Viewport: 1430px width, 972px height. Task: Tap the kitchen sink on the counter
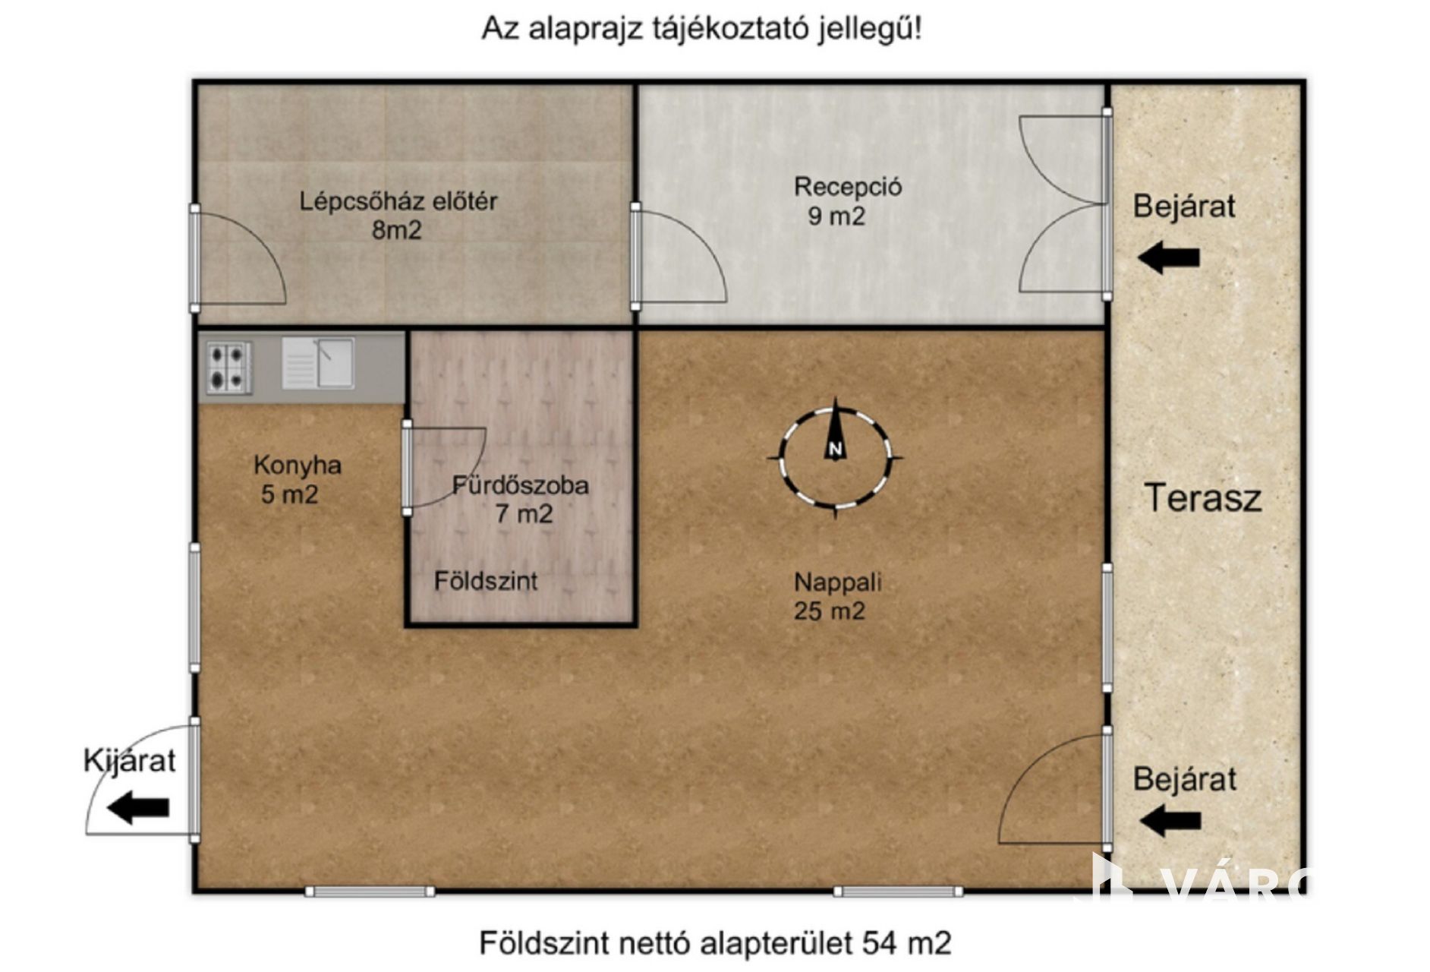click(318, 363)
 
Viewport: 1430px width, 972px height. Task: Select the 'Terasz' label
click(1203, 497)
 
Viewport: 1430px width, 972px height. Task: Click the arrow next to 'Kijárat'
click(137, 807)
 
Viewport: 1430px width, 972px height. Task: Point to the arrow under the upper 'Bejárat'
click(1169, 257)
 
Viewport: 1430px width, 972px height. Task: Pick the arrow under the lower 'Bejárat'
click(1170, 821)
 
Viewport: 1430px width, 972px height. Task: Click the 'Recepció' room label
click(848, 186)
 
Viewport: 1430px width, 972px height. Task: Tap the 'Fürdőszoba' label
click(521, 485)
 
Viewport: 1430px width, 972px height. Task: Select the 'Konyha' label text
click(298, 465)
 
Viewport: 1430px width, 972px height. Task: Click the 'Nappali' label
click(838, 582)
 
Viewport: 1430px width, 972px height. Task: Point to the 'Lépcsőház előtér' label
click(398, 201)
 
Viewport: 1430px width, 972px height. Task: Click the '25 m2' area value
click(830, 611)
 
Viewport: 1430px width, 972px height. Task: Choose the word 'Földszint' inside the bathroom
click(486, 581)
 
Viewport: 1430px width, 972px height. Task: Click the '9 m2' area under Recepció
click(836, 216)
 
